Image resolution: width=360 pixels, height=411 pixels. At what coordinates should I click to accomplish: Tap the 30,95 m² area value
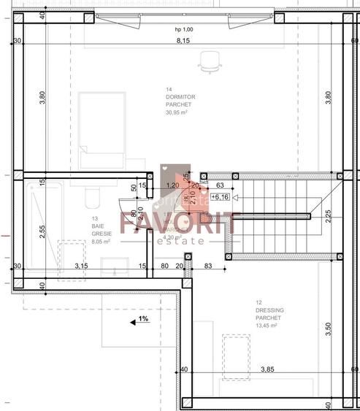pyautogui.click(x=179, y=112)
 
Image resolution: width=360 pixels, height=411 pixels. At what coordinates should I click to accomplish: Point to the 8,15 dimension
pyautogui.click(x=183, y=41)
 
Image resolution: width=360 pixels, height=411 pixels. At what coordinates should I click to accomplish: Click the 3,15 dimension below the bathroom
pyautogui.click(x=82, y=266)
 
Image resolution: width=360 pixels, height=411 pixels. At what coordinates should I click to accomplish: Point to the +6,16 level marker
pyautogui.click(x=220, y=197)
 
